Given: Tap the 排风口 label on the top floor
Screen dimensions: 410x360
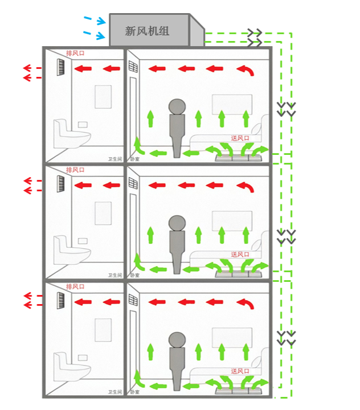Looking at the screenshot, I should pos(75,54).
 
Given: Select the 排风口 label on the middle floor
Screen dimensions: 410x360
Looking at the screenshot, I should pos(75,170).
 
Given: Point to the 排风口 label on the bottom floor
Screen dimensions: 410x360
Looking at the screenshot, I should pos(75,286).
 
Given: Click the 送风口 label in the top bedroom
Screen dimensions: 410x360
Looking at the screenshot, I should pos(241,138).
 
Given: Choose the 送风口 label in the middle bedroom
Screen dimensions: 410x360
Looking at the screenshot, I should pos(241,255).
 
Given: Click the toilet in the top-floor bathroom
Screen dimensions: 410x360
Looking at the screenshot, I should pos(72,134).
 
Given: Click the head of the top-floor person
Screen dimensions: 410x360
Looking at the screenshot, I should pos(177,106).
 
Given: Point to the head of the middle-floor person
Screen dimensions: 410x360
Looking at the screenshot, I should pos(177,223).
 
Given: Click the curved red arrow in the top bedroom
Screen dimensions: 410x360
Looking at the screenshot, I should pos(246,71).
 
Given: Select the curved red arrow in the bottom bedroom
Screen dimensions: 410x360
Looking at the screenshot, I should pos(246,303).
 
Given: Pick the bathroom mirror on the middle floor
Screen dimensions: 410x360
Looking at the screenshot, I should pos(103,213).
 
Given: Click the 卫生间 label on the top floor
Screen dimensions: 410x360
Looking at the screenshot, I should pos(115,159).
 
